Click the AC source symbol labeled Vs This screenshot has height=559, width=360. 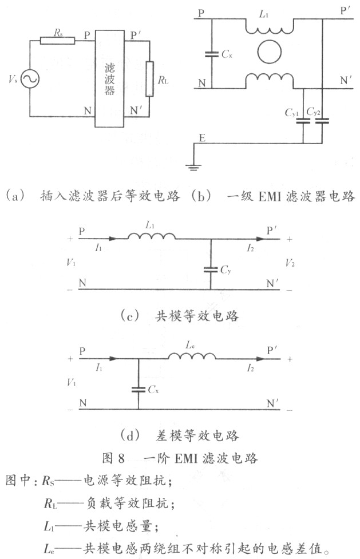[30, 79]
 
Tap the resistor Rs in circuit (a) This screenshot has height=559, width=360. [57, 41]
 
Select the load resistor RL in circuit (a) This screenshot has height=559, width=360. [149, 79]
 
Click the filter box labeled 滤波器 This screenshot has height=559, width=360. [109, 79]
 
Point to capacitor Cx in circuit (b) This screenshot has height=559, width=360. [212, 54]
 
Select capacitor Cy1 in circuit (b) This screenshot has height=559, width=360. [303, 121]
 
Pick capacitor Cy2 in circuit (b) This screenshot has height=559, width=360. [322, 121]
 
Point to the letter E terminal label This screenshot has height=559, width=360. [202, 138]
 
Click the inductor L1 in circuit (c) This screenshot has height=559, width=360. [152, 236]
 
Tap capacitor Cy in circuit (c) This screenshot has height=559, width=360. [211, 269]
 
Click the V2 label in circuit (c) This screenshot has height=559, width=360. [290, 263]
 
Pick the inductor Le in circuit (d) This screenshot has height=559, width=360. [192, 356]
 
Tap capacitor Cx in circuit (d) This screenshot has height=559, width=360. [139, 389]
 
